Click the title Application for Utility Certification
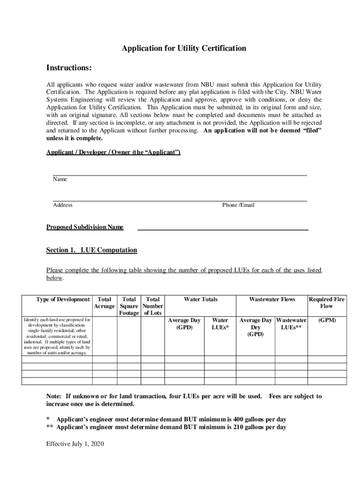(x=184, y=48)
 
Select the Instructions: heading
(x=69, y=68)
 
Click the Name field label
(x=60, y=179)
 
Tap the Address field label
(x=63, y=205)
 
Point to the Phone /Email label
(x=238, y=205)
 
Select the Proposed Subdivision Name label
(x=85, y=227)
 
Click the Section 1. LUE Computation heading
(x=92, y=250)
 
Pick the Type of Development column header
(x=63, y=299)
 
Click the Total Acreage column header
(x=104, y=303)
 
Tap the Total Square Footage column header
(x=129, y=306)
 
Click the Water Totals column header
(x=201, y=299)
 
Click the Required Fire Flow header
(x=326, y=303)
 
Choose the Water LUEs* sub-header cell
(x=220, y=324)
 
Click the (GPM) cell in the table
(x=326, y=320)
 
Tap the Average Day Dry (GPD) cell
(x=255, y=327)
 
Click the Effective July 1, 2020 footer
(x=75, y=443)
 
